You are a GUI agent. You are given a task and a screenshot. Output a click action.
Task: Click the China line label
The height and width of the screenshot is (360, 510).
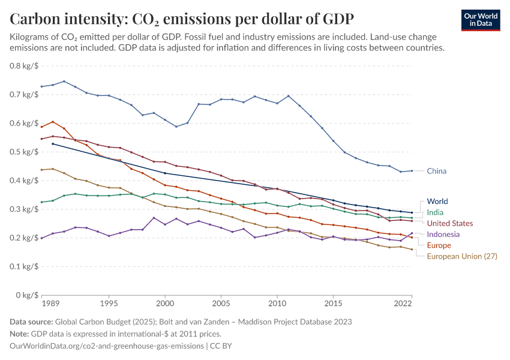point(436,171)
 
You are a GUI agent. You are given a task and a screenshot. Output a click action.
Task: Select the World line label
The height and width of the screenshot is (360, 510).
point(437,202)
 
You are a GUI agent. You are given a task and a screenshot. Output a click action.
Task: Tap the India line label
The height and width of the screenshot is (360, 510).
point(435,212)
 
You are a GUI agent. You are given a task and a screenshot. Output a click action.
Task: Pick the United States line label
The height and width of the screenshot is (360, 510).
point(450,223)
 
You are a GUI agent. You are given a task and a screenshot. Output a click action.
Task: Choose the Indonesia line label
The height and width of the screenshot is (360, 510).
point(443,235)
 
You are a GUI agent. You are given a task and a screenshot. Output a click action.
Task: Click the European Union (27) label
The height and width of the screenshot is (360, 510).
point(462,256)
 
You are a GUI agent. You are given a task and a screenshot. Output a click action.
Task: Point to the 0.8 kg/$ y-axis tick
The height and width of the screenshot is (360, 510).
point(24,66)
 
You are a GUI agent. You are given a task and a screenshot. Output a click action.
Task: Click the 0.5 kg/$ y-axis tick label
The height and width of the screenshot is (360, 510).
point(24,152)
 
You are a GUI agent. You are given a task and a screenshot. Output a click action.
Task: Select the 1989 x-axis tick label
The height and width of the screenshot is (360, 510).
point(50,304)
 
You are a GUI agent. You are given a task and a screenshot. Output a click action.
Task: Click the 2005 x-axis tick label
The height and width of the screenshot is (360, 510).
point(221,304)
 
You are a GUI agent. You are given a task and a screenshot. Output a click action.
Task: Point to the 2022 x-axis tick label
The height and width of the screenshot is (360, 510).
point(403,304)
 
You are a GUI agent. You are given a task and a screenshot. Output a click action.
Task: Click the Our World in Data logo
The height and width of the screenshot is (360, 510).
point(481,20)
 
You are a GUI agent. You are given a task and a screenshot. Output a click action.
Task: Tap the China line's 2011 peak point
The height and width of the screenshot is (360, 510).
point(288,96)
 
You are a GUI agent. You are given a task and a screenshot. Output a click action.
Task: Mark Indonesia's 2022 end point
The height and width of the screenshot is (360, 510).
point(412,233)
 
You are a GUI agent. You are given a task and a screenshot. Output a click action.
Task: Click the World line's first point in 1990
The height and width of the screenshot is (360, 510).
point(53,144)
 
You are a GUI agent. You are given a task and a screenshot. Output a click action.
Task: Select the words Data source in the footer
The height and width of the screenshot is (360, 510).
point(31,322)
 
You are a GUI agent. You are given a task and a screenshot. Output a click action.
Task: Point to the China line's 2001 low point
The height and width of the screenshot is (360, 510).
point(176,127)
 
